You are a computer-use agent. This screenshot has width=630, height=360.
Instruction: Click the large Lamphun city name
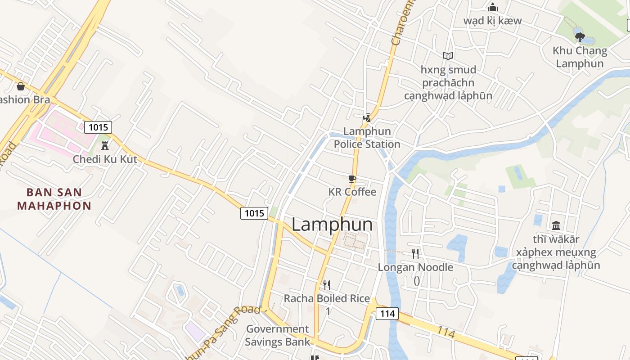coord(332,225)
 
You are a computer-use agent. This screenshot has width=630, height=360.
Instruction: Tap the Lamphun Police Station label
coord(367,138)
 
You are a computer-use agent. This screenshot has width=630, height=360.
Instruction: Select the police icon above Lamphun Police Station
coord(367,118)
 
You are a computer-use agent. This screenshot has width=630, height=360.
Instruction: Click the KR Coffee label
coord(352,192)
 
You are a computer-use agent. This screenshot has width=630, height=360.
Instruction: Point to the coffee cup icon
coord(352,179)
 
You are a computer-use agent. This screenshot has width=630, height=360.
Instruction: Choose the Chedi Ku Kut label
coord(105,159)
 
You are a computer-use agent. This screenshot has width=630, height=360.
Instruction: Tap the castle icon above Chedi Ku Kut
coord(105,145)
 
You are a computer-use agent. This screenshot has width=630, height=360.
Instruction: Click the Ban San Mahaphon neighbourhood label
coord(54,199)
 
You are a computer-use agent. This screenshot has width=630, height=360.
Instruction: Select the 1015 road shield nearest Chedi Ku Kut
coord(98,127)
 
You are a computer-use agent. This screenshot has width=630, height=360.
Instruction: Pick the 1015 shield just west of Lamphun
coord(254,213)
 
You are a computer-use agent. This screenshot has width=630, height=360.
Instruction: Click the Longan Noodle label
coord(415,267)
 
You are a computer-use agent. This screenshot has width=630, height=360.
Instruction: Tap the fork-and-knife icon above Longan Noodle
coord(415,254)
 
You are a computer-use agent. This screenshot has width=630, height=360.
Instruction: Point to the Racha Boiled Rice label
coord(327,298)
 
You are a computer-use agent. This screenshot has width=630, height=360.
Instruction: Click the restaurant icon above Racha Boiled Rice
coord(327,285)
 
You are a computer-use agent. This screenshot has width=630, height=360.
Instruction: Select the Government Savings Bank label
coord(278,335)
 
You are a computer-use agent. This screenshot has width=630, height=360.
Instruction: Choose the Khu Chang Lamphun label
coord(580,57)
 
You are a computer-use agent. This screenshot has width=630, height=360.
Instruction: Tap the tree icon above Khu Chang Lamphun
coord(580,37)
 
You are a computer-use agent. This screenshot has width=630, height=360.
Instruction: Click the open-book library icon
coord(448,56)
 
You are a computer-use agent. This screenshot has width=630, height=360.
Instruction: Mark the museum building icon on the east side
coord(556,225)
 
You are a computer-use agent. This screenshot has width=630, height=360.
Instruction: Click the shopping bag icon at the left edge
coord(21,86)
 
